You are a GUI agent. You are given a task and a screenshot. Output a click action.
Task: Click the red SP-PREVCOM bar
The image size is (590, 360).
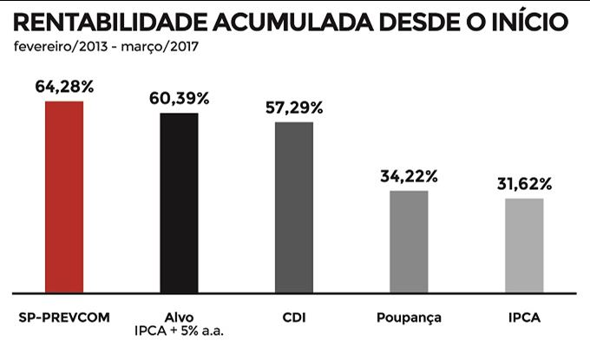[x=64, y=197]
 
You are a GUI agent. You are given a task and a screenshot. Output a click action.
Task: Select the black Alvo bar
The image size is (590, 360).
[x=179, y=203]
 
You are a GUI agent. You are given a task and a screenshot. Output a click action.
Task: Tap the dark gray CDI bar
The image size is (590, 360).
[x=294, y=207]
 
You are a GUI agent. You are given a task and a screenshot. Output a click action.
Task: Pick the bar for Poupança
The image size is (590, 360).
[x=409, y=242]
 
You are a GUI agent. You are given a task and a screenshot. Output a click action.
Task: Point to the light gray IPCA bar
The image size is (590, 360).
[x=524, y=245]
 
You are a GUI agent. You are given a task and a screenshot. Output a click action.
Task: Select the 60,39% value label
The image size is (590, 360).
[x=180, y=98]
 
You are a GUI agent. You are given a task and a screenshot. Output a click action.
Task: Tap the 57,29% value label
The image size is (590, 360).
[x=294, y=108]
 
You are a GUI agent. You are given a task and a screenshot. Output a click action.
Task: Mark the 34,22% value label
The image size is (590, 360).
[x=409, y=176]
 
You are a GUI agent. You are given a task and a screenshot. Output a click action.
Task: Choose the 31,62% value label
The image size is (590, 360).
[x=524, y=184]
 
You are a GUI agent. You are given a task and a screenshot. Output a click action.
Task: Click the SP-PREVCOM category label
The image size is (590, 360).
[x=64, y=317]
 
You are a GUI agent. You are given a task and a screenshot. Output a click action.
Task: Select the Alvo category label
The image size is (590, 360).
[x=179, y=317]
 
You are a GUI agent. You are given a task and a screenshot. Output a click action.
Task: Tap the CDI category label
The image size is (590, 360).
[x=294, y=317]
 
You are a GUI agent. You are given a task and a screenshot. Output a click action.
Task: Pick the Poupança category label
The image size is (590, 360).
[x=410, y=318]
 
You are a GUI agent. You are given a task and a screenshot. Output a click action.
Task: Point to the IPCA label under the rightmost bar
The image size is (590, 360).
[x=524, y=317]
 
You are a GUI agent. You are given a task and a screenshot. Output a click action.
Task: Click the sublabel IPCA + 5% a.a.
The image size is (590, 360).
[x=180, y=331]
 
